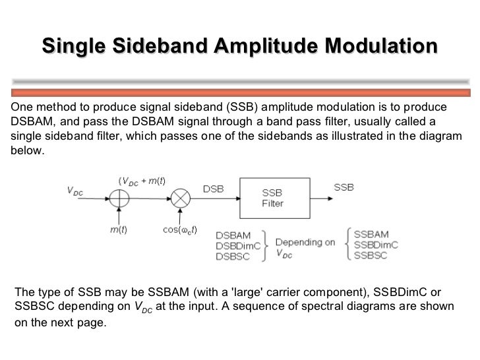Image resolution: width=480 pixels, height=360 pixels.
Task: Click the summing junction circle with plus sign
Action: (119, 198)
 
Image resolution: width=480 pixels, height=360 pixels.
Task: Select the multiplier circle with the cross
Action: (181, 198)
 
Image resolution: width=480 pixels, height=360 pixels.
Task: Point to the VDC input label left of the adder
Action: (75, 191)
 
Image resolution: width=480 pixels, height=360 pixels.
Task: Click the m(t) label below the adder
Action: (119, 230)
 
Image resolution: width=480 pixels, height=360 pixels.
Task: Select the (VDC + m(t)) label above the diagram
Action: (141, 180)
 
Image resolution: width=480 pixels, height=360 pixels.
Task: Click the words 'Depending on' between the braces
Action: (305, 242)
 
